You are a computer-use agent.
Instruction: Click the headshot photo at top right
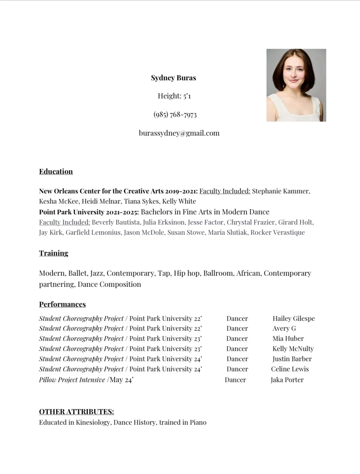296,85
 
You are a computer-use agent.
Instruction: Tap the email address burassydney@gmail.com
179,133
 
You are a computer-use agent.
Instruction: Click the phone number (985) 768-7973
175,114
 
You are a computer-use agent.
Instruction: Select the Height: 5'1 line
174,96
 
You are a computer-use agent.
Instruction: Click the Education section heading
56,172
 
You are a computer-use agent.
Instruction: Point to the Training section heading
54,253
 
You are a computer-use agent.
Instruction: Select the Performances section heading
62,304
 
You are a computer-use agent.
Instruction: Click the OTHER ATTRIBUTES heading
76,412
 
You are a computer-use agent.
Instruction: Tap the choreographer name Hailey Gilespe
294,319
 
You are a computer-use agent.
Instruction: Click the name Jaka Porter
287,380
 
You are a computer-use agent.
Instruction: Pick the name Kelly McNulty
293,349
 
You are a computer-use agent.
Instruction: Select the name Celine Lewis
290,369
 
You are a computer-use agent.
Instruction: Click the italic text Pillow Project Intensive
72,380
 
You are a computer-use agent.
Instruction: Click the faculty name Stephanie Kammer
281,191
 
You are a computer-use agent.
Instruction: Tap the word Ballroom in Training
218,274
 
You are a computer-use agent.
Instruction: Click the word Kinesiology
93,423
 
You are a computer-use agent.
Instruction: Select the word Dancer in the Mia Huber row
237,339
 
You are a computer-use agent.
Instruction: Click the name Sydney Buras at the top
173,78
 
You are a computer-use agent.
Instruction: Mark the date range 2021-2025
123,212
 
